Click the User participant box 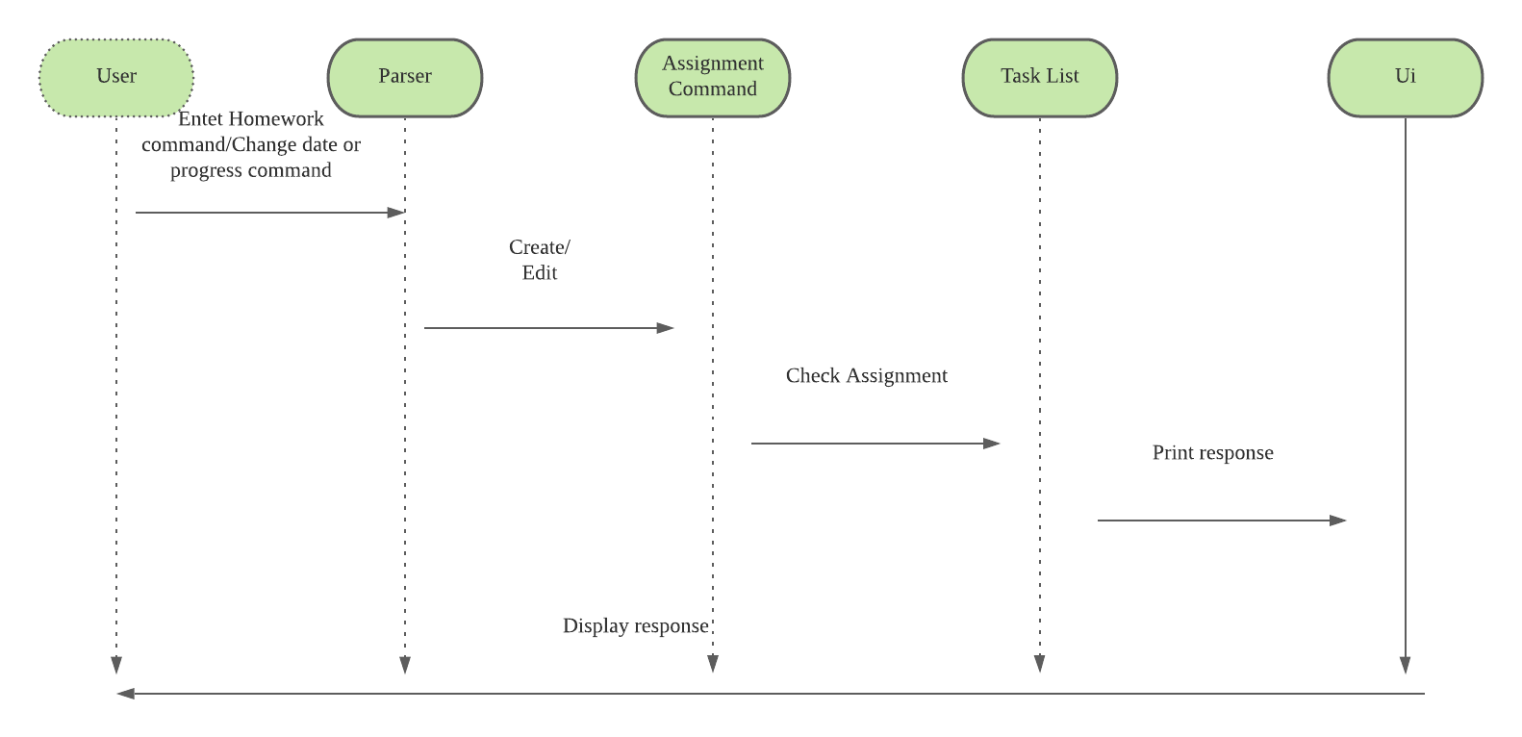tap(116, 77)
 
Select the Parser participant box tap(405, 77)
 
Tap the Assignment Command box tap(713, 77)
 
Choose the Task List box tap(1040, 77)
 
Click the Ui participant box tap(1406, 77)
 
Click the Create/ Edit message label tap(540, 260)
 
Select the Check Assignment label tap(867, 376)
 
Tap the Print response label tap(1213, 453)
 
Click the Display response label tap(636, 626)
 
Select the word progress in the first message tap(203, 171)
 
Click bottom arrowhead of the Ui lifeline tap(1406, 666)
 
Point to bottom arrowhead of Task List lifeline tap(1040, 665)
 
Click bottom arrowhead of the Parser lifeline tap(405, 666)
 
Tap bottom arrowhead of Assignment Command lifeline tap(713, 665)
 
